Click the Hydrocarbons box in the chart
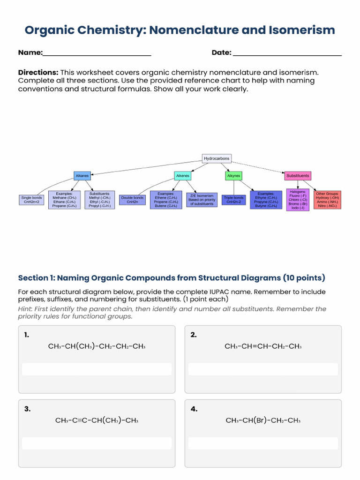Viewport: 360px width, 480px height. click(x=217, y=158)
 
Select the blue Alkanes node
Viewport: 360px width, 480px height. click(x=82, y=176)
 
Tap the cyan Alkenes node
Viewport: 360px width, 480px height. click(x=183, y=176)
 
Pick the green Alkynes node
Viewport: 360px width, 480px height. click(x=233, y=176)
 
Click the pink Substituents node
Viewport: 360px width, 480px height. click(x=298, y=176)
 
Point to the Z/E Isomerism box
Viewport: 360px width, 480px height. click(x=202, y=200)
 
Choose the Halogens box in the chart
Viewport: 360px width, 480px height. click(x=298, y=200)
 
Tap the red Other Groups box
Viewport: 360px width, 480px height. click(x=327, y=200)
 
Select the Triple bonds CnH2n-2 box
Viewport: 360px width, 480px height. click(x=233, y=200)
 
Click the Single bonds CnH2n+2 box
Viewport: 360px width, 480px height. click(x=32, y=200)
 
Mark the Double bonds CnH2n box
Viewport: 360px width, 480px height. click(x=132, y=200)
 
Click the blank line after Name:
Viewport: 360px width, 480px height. click(x=97, y=53)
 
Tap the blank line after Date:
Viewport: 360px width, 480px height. click(x=287, y=53)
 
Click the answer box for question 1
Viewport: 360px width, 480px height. click(x=97, y=369)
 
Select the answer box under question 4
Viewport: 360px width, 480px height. click(x=263, y=443)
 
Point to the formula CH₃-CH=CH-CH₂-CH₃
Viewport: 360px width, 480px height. click(x=263, y=346)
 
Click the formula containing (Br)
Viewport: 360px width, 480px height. click(x=263, y=420)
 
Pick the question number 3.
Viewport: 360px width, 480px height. click(x=27, y=409)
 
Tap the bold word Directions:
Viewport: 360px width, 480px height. click(x=38, y=72)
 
